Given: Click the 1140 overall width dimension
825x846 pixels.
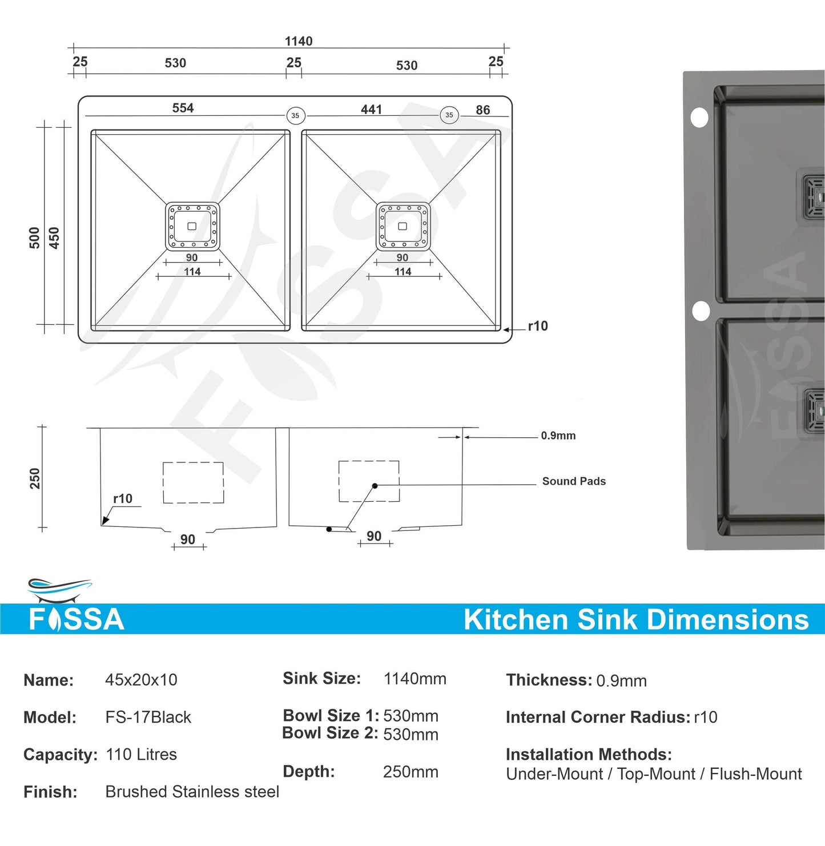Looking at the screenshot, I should [x=299, y=41].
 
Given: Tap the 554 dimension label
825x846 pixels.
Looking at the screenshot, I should [x=183, y=108].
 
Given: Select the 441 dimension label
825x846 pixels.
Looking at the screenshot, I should [x=371, y=109].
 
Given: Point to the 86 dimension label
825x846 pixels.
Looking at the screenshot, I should [x=483, y=110].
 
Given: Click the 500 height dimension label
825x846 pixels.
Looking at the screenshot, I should [x=35, y=237].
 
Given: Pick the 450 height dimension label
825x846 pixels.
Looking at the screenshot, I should [x=54, y=237].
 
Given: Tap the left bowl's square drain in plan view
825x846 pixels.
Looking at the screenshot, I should [x=192, y=226].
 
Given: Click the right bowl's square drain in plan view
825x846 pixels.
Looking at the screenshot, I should [x=403, y=226].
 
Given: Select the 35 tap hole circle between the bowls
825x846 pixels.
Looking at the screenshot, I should [x=295, y=115].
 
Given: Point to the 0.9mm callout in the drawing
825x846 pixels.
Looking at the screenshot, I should [x=558, y=436].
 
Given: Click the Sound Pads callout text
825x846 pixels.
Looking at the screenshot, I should [x=574, y=481].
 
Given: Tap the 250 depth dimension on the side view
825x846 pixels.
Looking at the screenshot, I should [x=35, y=478].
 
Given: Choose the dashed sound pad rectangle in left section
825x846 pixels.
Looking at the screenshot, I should [x=193, y=482].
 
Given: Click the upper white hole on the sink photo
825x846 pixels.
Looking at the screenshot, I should [x=699, y=118].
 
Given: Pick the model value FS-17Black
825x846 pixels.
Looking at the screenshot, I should [x=148, y=717].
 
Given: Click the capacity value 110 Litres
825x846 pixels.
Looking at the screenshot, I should [x=141, y=754].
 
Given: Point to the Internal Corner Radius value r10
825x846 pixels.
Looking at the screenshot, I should [x=706, y=717].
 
